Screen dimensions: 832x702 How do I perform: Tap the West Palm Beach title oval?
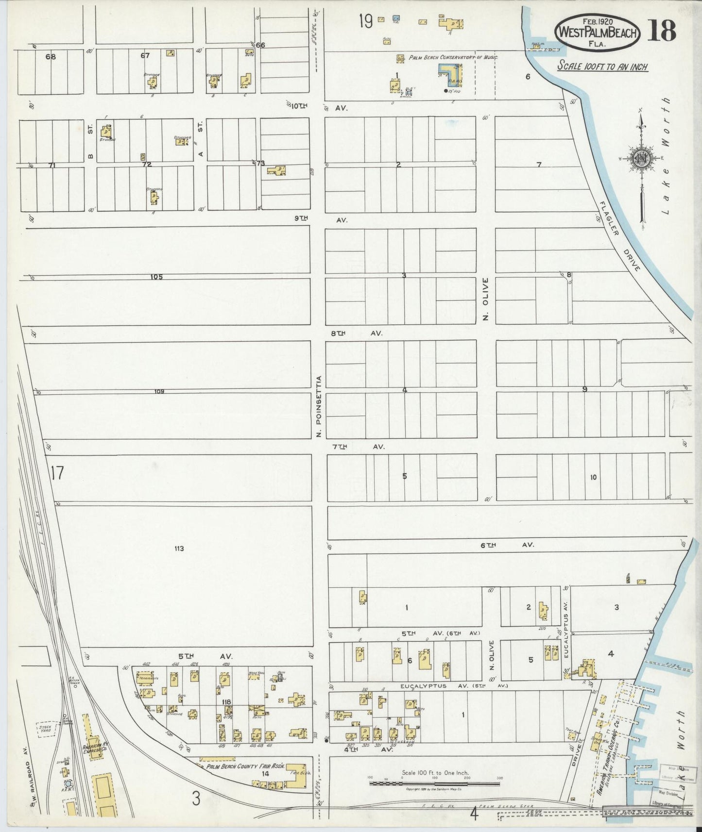[597, 32]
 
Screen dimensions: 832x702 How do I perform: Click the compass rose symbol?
[641, 159]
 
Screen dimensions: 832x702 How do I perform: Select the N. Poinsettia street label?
[319, 406]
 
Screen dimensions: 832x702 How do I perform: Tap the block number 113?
[179, 549]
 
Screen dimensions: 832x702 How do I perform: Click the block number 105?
[156, 277]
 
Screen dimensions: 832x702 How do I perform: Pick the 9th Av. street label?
[321, 219]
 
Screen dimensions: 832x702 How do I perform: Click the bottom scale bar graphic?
[435, 783]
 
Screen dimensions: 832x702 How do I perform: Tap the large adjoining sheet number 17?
[56, 472]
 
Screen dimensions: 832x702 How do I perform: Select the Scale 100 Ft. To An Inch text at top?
[602, 67]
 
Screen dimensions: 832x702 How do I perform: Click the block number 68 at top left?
[51, 56]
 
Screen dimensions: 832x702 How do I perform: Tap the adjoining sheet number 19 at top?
[365, 21]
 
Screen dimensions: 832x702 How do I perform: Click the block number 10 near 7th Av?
[593, 478]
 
